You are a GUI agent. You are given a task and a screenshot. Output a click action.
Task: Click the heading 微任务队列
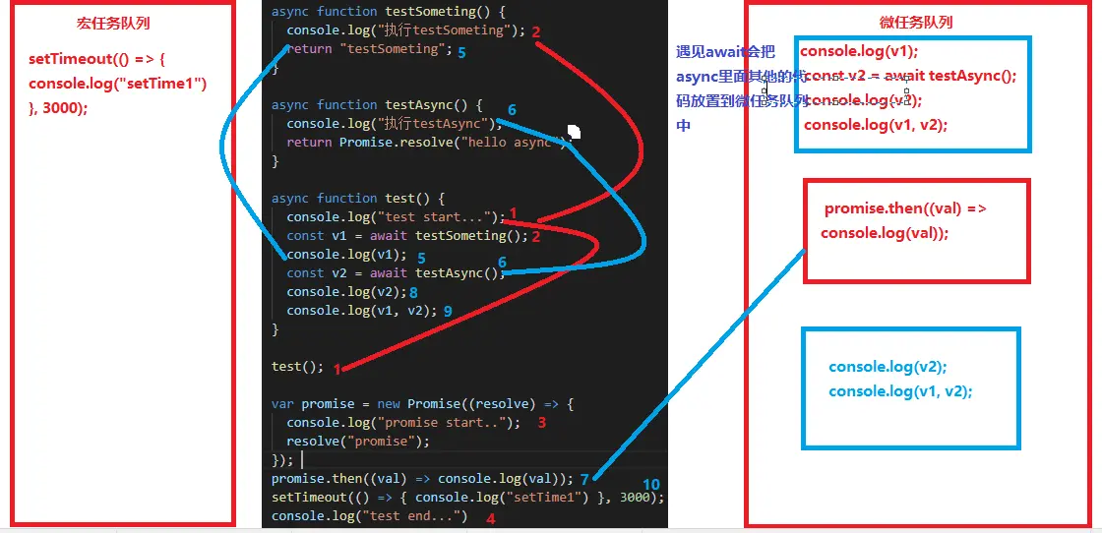click(915, 23)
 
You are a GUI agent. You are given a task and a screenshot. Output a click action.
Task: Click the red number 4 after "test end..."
click(490, 518)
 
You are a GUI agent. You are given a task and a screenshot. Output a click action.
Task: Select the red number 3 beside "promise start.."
click(541, 422)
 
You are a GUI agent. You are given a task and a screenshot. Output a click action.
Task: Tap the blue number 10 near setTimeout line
click(651, 485)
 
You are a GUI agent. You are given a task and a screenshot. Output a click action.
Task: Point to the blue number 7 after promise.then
click(584, 479)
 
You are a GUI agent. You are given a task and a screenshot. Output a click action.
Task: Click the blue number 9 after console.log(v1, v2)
click(448, 311)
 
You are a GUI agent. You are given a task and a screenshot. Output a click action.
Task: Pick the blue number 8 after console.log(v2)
click(413, 292)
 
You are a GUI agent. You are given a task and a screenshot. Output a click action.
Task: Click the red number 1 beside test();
click(337, 369)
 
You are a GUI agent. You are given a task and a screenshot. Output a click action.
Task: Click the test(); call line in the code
click(297, 367)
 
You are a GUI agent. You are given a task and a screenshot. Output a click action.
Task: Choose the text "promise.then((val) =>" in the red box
click(905, 208)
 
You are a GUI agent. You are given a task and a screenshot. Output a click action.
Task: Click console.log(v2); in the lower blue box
click(888, 367)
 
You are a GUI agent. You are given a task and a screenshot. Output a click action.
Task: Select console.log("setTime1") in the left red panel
click(118, 84)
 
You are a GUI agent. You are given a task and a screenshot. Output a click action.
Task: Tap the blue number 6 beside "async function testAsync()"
click(512, 109)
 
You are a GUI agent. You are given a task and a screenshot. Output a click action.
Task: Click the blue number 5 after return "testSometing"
click(461, 52)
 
